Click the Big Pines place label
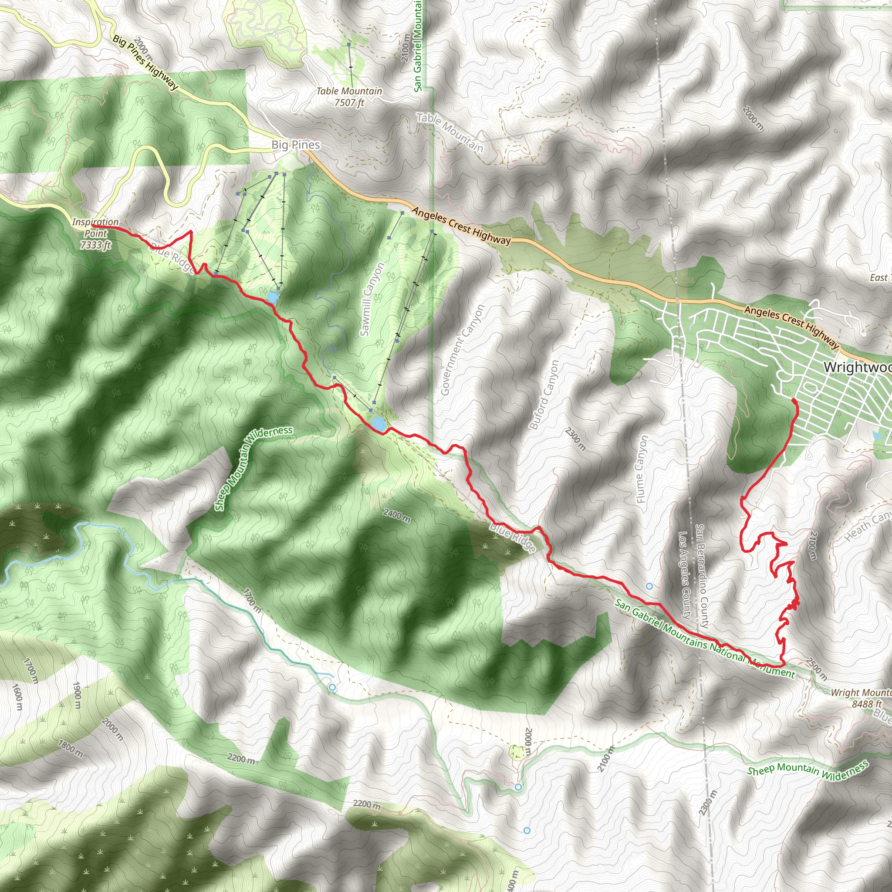pyautogui.click(x=295, y=145)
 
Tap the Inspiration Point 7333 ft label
pyautogui.click(x=95, y=233)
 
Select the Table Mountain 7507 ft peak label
pyautogui.click(x=349, y=97)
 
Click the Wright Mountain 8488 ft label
pyautogui.click(x=862, y=698)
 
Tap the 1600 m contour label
pyautogui.click(x=17, y=702)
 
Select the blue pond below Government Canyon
pyautogui.click(x=379, y=423)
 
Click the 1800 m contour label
pyautogui.click(x=70, y=748)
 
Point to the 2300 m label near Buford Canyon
pyautogui.click(x=576, y=439)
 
